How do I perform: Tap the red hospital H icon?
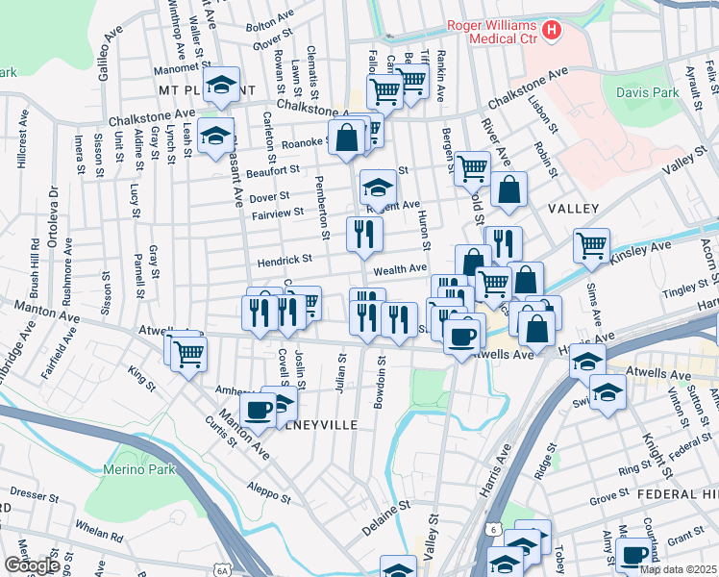coord(551,31)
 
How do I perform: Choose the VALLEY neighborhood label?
coord(573,209)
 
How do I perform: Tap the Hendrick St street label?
coord(284,259)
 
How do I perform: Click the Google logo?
coord(32,565)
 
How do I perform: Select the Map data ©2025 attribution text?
coord(678,569)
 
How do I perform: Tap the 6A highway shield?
coord(222,569)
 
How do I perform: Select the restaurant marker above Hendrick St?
coord(364,234)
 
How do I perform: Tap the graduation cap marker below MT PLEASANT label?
coord(216,136)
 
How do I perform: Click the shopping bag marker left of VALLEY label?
coord(508,189)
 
